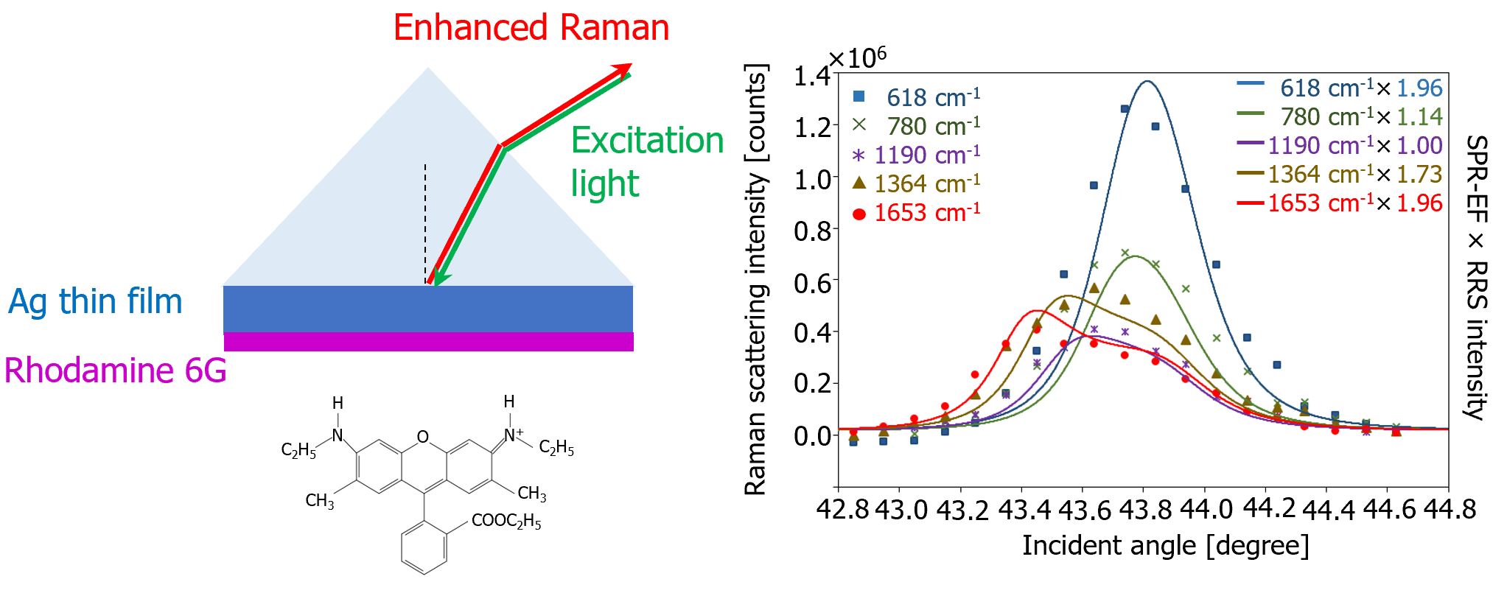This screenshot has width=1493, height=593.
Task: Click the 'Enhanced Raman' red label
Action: (x=531, y=28)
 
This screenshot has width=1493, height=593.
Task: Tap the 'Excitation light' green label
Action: (x=646, y=162)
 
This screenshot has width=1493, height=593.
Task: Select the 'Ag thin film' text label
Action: (x=95, y=302)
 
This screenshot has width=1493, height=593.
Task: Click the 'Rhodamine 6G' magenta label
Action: (x=115, y=370)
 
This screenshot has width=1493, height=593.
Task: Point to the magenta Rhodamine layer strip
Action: (x=428, y=342)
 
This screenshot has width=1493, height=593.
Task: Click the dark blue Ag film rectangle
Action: (x=428, y=309)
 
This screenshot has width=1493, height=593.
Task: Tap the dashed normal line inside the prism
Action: (x=424, y=221)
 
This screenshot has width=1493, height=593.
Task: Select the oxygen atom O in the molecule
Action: (x=422, y=437)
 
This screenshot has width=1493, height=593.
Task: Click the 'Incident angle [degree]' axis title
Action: (x=1165, y=546)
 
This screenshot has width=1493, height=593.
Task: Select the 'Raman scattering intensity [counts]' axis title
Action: (x=756, y=280)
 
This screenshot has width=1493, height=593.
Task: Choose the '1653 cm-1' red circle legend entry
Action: (x=916, y=213)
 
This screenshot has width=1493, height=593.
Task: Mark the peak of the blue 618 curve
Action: (x=1147, y=81)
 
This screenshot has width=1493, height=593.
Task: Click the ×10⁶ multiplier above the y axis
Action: (x=858, y=57)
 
